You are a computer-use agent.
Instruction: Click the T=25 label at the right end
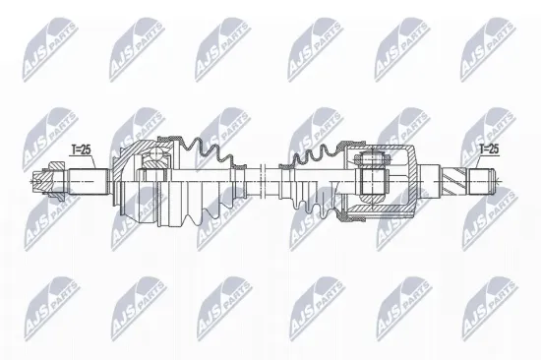[489, 149]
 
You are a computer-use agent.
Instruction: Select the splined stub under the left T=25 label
[88, 182]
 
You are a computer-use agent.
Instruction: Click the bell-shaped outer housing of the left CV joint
[133, 182]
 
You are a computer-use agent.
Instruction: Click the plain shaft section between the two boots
[258, 182]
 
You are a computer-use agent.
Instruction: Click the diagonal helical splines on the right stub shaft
[455, 182]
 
